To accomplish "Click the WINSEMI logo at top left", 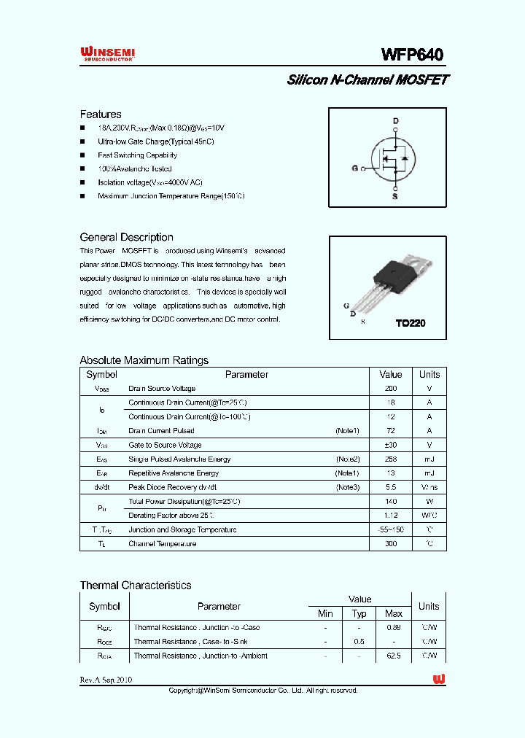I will [x=107, y=53].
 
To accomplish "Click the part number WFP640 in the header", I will [x=412, y=55].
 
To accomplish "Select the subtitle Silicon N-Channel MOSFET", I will [x=367, y=80].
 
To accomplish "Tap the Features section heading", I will [x=101, y=114].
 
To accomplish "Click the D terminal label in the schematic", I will [x=396, y=121].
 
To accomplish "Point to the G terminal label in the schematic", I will [x=355, y=168].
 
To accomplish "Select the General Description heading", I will [x=126, y=237].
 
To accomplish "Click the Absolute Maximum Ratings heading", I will [x=144, y=360].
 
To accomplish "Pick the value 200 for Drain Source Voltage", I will [x=391, y=389].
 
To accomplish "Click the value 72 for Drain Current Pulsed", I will [x=391, y=431].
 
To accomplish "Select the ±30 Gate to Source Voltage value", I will [x=391, y=445].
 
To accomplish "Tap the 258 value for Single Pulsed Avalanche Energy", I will [x=391, y=459].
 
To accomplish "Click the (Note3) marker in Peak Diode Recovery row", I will [x=347, y=487].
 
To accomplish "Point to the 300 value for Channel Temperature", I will [x=391, y=544].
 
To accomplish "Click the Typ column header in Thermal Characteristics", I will [x=359, y=614].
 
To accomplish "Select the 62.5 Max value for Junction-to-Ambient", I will [x=394, y=656].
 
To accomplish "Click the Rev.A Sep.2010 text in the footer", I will [x=106, y=680].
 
